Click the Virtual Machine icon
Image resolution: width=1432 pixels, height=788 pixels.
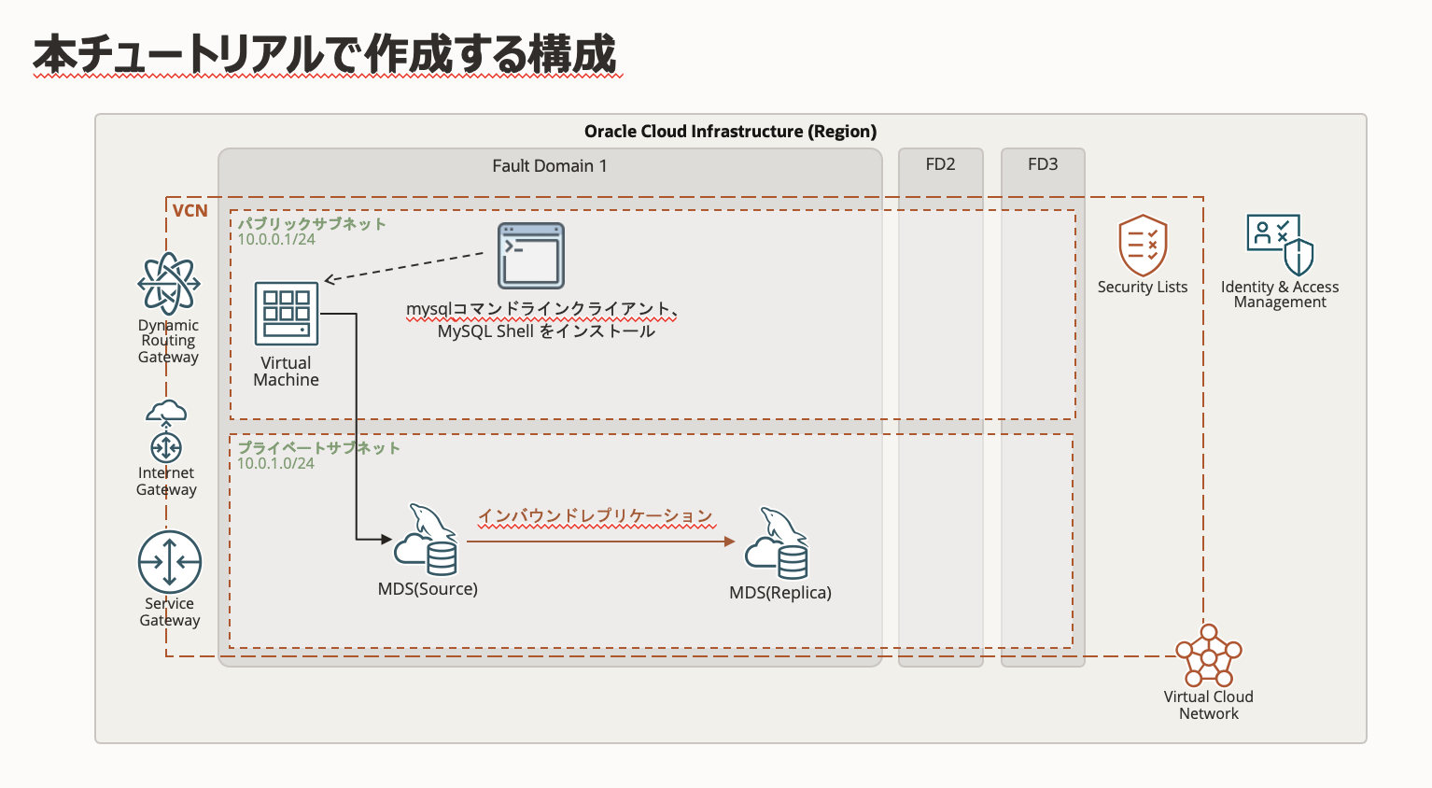287,314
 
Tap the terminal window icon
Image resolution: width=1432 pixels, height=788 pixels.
530,256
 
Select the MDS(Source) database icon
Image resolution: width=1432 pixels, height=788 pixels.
427,541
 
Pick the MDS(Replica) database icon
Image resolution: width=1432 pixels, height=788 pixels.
777,544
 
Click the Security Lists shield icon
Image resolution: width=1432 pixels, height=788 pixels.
1143,245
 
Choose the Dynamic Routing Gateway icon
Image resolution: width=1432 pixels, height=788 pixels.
169,283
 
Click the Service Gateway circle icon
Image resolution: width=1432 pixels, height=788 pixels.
170,562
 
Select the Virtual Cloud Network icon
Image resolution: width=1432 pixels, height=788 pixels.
1209,655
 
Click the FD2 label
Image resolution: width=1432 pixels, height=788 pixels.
940,164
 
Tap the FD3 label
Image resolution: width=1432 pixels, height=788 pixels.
1043,164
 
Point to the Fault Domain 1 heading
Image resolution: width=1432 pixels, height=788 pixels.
550,166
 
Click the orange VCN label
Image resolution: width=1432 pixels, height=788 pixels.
190,211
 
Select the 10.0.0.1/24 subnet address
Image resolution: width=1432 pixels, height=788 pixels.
276,240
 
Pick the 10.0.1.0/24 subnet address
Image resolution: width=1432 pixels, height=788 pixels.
275,464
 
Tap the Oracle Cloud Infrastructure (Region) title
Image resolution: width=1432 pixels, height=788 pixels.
730,132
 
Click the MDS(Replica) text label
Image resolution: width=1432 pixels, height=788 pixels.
780,593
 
